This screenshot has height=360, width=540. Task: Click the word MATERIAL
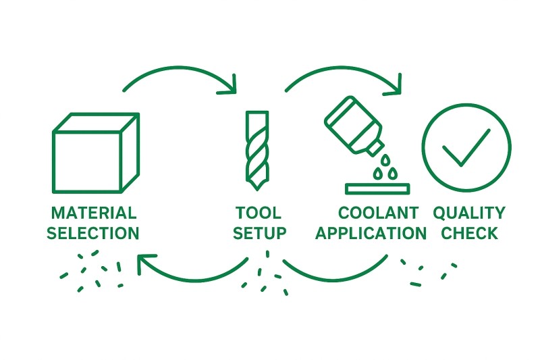pyautogui.click(x=94, y=213)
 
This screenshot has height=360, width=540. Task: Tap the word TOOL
pyautogui.click(x=259, y=213)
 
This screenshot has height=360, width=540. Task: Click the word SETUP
pyautogui.click(x=259, y=234)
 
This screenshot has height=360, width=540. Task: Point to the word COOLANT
pyautogui.click(x=378, y=213)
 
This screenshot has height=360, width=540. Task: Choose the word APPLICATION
pyautogui.click(x=371, y=234)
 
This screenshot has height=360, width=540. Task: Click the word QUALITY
pyautogui.click(x=468, y=213)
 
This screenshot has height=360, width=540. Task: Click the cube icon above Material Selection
pyautogui.click(x=94, y=153)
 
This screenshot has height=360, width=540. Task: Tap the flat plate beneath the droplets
pyautogui.click(x=378, y=187)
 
